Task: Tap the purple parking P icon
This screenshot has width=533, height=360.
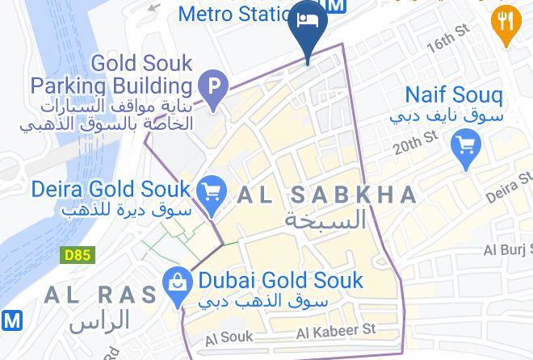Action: pos(213,85)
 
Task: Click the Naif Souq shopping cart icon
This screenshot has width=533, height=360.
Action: pos(466,145)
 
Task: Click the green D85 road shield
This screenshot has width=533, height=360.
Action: pos(78,255)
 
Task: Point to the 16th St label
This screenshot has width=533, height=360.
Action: pos(448,39)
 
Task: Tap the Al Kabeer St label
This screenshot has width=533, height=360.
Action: pos(337,331)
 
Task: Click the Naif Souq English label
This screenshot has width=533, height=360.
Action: pos(453,95)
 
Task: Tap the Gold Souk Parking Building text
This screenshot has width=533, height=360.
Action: pos(112,74)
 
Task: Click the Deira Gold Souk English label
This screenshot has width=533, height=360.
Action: pos(111,190)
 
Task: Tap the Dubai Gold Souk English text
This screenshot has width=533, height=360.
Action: pos(280,281)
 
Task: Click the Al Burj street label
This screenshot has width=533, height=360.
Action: pos(509,250)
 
